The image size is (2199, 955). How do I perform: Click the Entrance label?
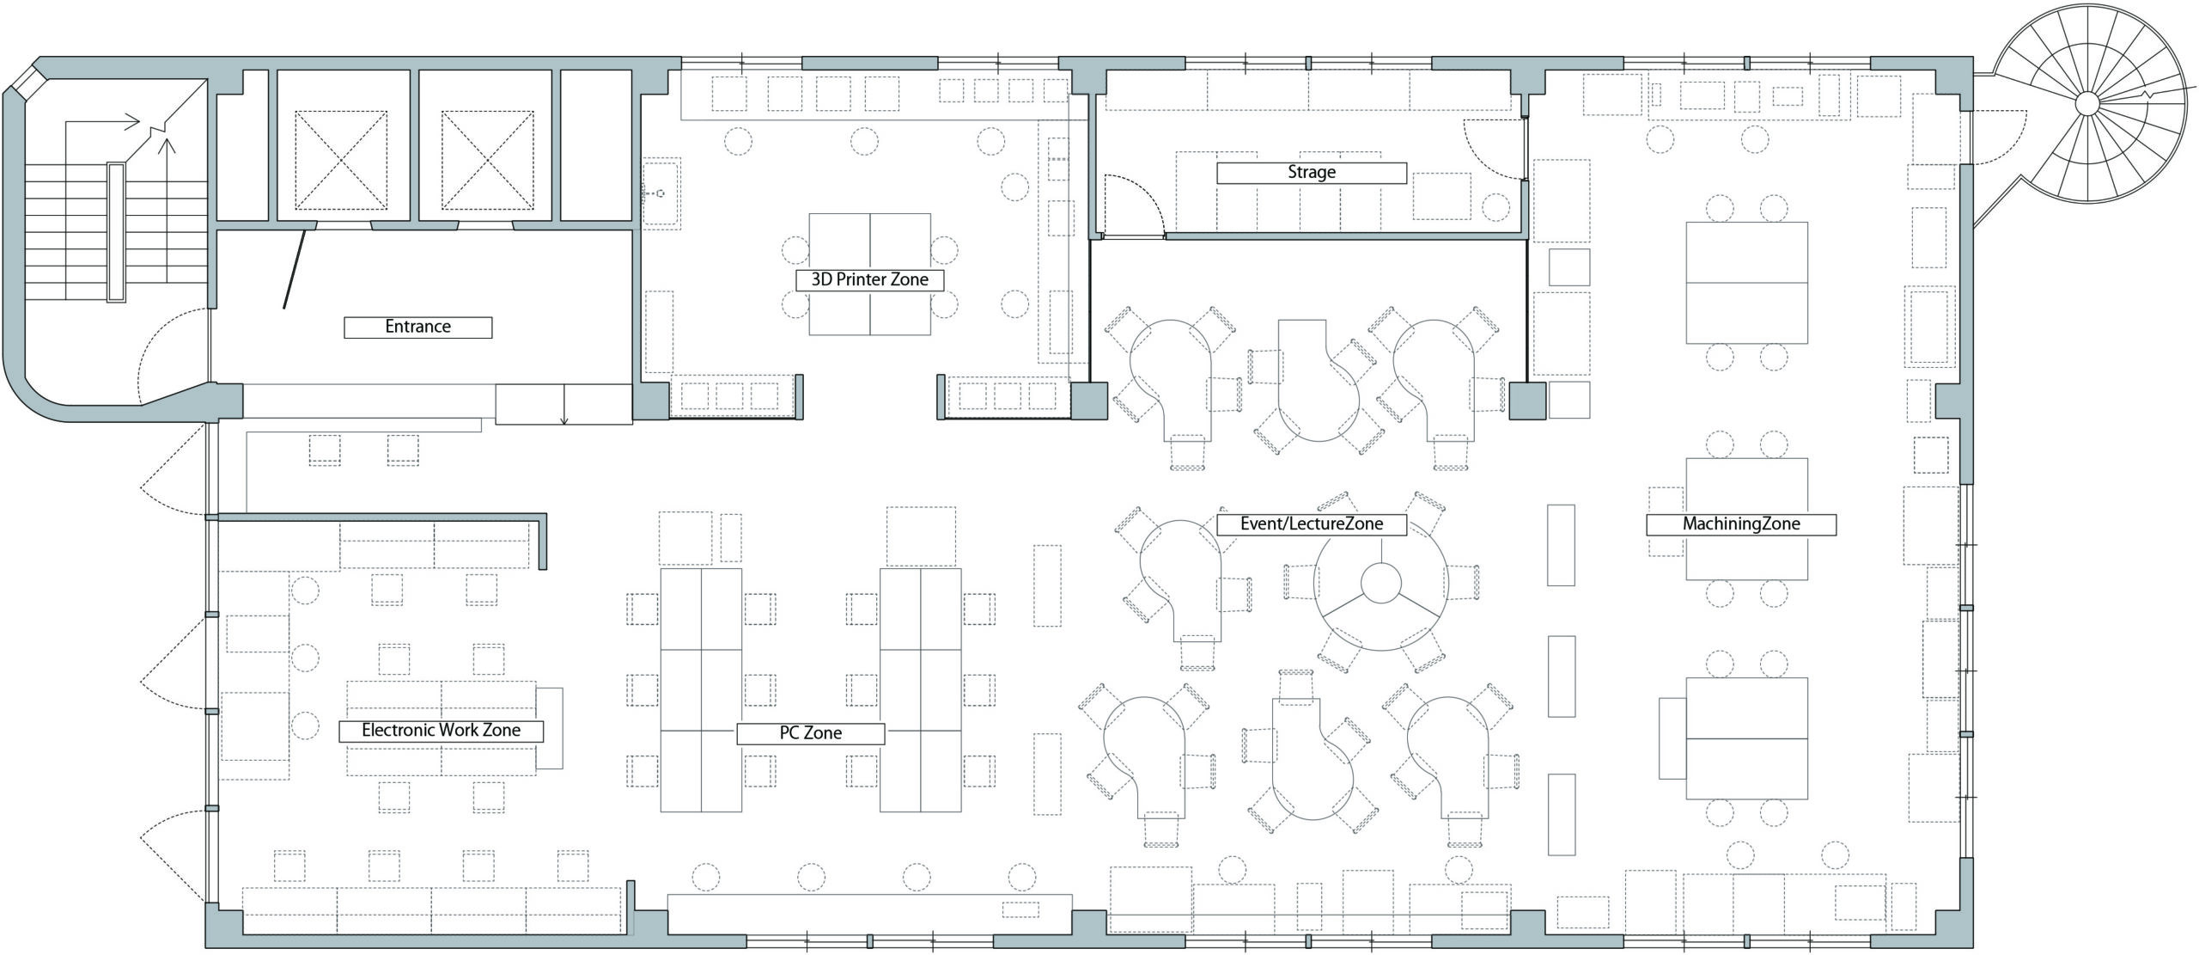417,327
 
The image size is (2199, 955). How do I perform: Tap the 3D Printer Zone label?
869,279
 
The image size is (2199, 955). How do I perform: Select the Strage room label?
1312,172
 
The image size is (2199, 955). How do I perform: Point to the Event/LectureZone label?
1312,523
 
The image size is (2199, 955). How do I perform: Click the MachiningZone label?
1741,523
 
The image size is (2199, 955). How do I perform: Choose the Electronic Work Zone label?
442,731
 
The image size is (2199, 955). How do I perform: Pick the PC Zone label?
810,733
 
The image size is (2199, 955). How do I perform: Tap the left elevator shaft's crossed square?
342,160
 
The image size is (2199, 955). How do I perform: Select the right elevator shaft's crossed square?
487,160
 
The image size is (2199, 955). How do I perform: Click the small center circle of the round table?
1381,582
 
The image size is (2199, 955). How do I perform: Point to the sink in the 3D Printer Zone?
661,192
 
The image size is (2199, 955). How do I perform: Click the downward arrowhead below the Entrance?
564,420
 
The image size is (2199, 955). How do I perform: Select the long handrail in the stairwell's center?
116,232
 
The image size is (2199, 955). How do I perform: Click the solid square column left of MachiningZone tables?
1527,401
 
